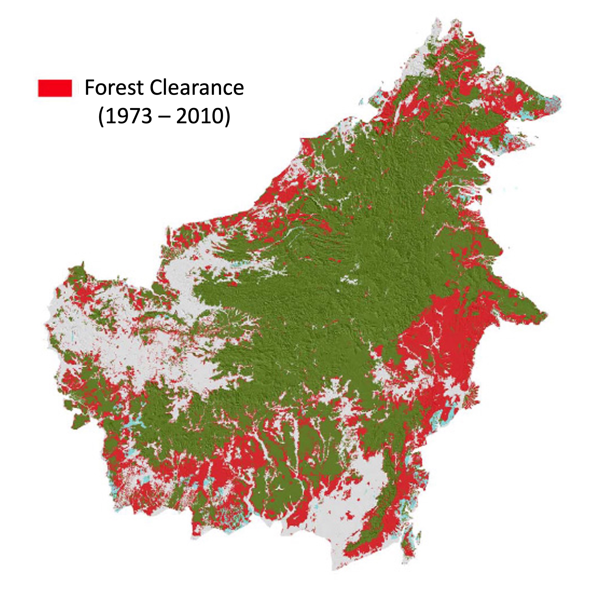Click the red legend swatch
pyautogui.click(x=55, y=88)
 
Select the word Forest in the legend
pyautogui.click(x=114, y=88)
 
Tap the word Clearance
pyautogui.click(x=197, y=88)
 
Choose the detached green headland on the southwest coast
pyautogui.click(x=80, y=421)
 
